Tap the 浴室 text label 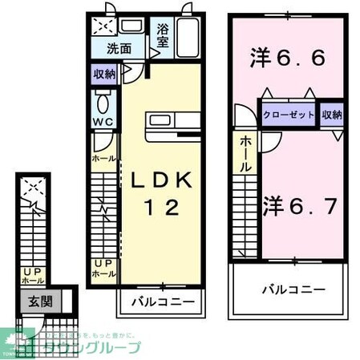(x=164, y=35)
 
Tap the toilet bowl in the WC (x=102, y=102)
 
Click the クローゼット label (x=288, y=114)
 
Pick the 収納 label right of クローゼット (x=333, y=114)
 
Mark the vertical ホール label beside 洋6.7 (x=245, y=153)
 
